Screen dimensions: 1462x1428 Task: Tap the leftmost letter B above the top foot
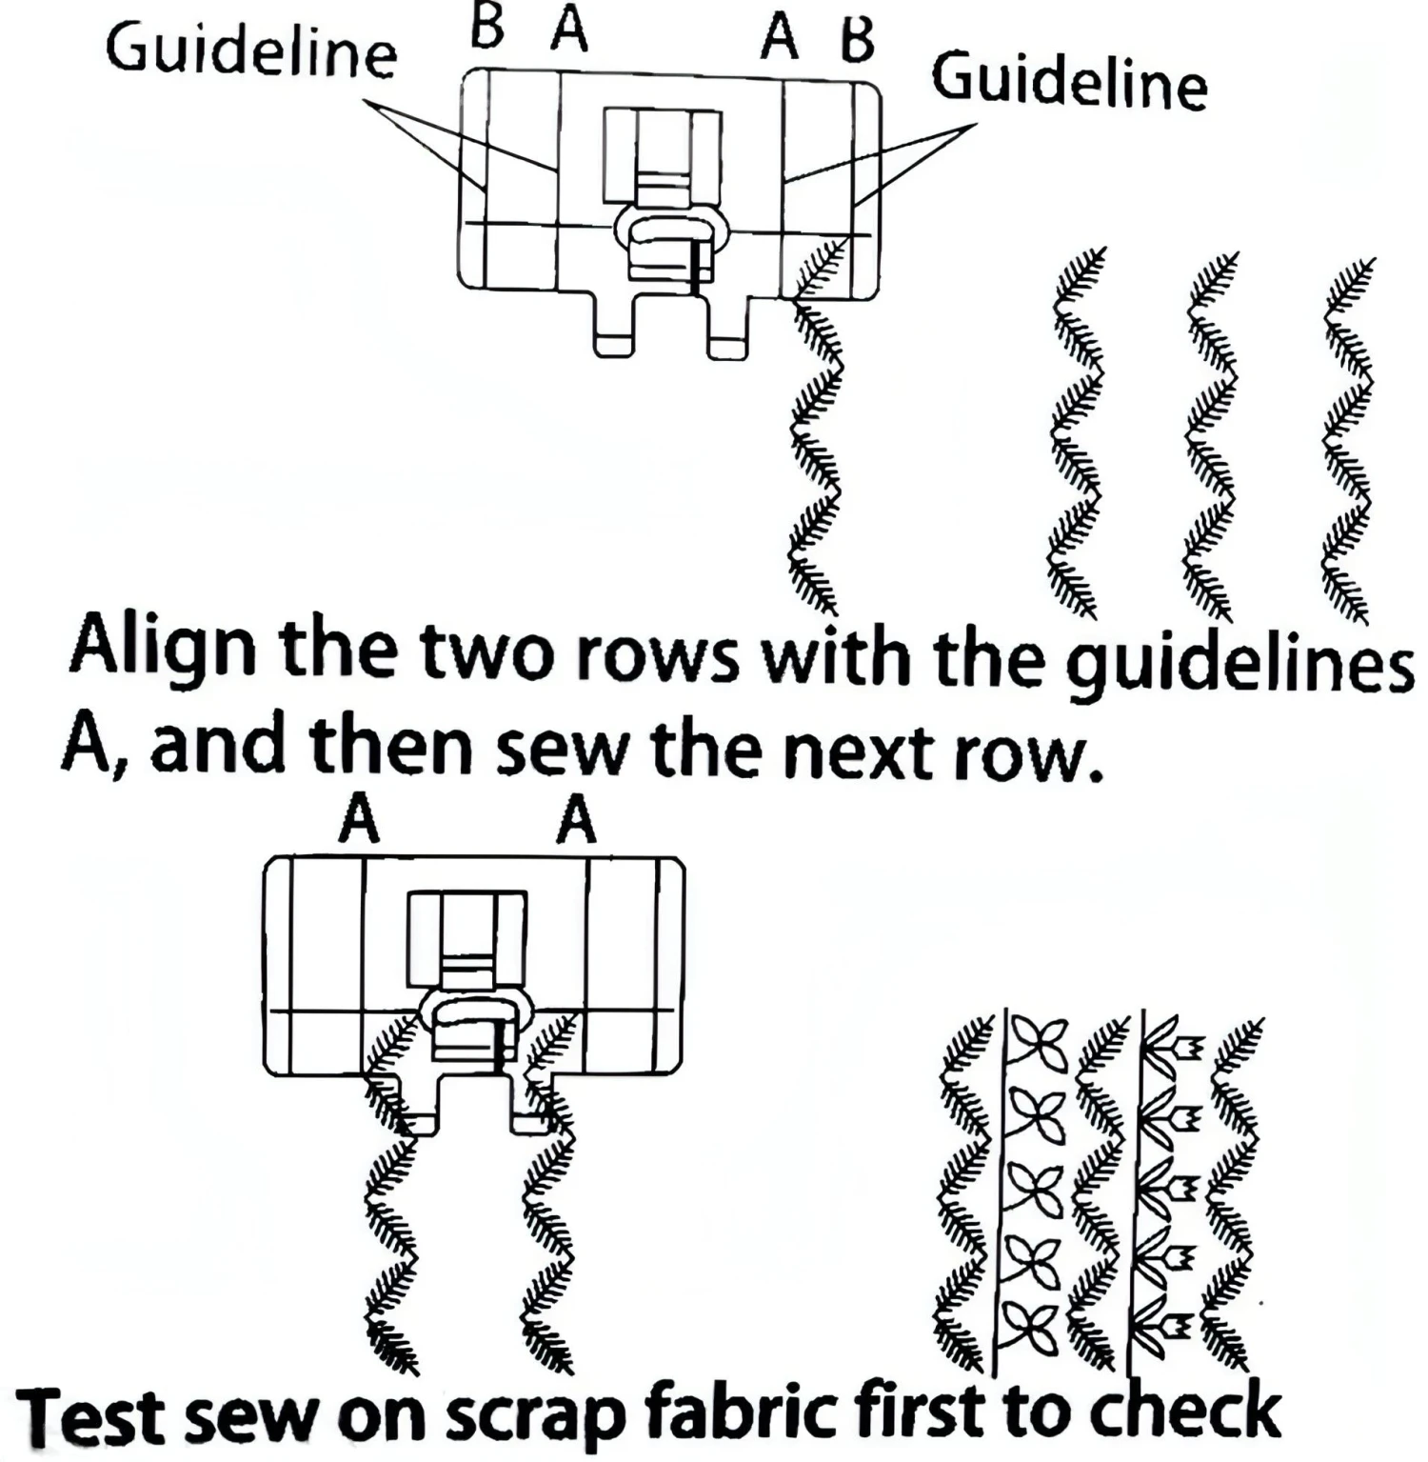point(487,29)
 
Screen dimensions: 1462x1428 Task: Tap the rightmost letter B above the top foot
point(857,40)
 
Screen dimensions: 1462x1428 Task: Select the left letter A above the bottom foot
point(359,820)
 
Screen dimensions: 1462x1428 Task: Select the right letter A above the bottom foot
point(576,820)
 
